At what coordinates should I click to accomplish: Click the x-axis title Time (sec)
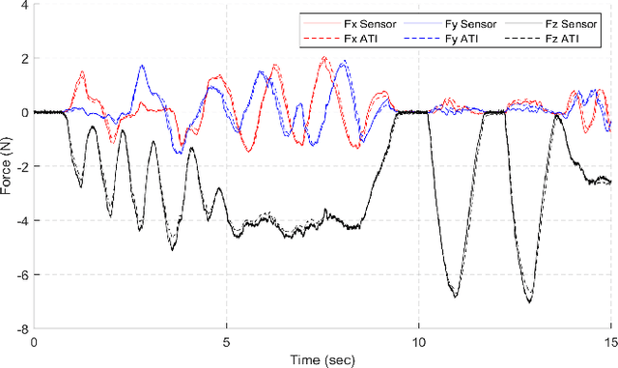323,359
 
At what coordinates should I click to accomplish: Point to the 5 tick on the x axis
227,341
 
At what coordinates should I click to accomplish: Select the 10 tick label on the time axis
419,341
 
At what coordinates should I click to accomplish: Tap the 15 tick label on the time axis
609,341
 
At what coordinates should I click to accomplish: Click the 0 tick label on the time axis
34,341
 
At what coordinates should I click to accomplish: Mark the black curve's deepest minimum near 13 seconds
529,302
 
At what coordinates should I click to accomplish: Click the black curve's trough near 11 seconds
455,296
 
